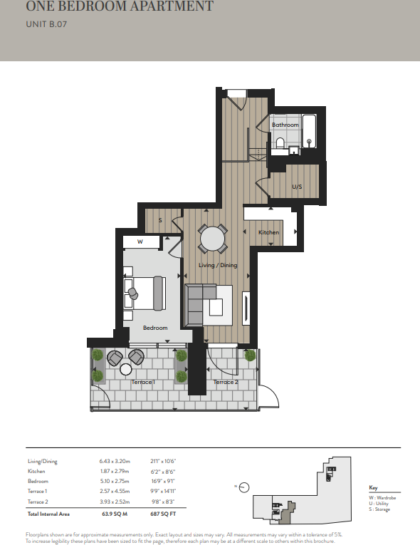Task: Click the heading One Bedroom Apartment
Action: pos(120,8)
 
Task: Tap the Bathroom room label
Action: pos(285,125)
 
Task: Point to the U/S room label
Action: pos(297,187)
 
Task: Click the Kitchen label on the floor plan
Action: pos(268,232)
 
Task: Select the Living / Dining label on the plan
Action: pos(219,265)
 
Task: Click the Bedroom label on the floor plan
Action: pos(154,328)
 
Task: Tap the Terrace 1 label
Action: pos(144,383)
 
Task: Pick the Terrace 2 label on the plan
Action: pos(226,383)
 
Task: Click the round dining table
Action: pos(212,239)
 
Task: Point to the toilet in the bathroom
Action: pos(280,145)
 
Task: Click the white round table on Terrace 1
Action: pos(126,369)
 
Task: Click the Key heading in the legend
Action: pos(374,487)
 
